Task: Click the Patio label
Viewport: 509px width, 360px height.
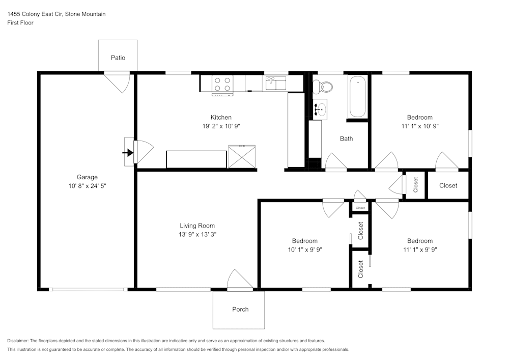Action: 118,58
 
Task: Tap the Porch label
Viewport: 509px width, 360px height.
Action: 240,309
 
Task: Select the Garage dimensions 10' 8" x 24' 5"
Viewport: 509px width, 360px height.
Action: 87,186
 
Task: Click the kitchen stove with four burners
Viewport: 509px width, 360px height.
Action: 222,84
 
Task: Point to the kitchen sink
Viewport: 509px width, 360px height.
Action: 275,82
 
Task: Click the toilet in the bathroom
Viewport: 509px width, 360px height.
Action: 323,87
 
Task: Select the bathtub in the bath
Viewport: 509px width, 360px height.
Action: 357,96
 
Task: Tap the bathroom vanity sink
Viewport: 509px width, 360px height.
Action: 320,108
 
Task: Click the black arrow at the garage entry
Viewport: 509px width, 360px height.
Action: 128,152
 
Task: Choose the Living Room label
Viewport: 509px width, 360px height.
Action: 197,226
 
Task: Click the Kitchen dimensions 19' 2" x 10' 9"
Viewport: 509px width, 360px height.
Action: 221,126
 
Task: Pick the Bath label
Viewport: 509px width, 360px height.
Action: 346,139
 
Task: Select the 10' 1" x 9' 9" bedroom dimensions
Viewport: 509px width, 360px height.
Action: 304,250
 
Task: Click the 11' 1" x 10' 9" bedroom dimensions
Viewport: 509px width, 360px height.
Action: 419,126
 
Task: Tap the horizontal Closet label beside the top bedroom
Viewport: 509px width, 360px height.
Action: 448,185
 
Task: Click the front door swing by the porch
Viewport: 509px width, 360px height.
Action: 239,280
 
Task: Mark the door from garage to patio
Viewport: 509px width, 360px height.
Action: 118,81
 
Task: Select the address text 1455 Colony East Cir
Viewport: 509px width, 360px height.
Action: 35,14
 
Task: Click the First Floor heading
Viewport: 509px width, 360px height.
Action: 20,23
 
